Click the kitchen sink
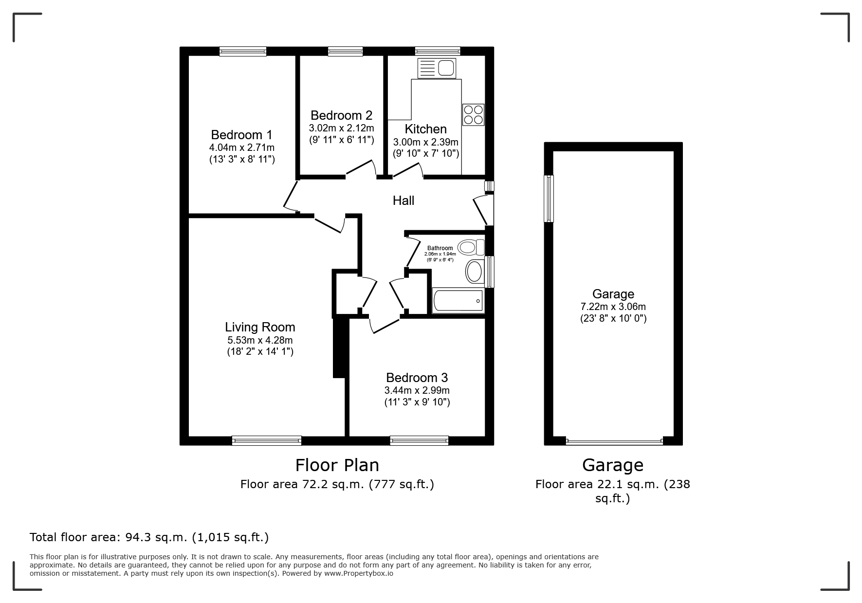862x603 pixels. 436,68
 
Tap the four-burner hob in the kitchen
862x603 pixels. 473,114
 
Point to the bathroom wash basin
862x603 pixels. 475,272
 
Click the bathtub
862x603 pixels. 458,301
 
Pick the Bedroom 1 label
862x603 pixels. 241,135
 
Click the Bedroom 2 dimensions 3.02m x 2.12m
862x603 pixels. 341,128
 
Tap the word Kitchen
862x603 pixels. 426,129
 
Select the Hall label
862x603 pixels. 403,200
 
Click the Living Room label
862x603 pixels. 260,327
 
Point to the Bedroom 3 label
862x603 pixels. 417,378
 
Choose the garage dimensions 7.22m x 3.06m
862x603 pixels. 613,307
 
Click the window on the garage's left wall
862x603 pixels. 549,199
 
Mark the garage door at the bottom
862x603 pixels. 615,442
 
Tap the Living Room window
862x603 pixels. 267,441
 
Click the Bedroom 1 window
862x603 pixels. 243,51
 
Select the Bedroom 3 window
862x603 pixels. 419,441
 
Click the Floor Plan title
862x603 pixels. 337,465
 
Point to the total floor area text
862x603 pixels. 149,538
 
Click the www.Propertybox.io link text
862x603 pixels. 359,573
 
